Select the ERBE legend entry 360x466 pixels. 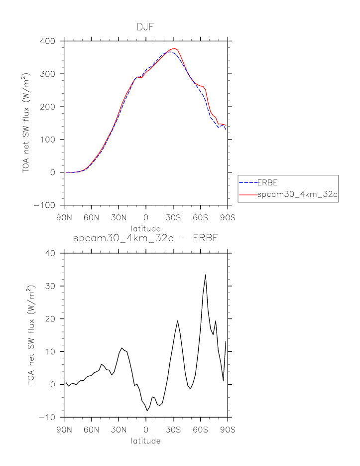[x=267, y=183]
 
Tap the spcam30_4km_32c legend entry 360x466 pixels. [x=297, y=195]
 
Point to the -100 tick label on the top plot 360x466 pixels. [x=46, y=205]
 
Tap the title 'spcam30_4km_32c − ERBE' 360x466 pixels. [x=146, y=238]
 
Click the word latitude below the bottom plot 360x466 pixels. [x=146, y=441]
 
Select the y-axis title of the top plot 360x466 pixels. [x=26, y=123]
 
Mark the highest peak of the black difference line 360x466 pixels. [x=205, y=275]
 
